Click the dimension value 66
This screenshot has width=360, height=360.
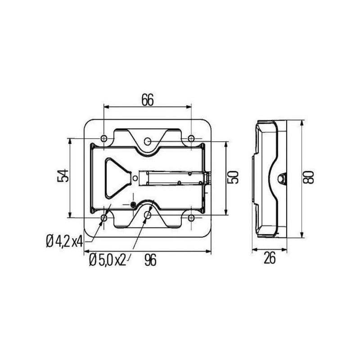148,99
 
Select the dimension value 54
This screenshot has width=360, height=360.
63,175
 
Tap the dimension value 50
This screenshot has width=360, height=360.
233,177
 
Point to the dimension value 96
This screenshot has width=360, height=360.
150,260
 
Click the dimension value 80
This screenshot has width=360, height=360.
308,177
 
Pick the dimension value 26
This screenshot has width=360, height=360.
269,258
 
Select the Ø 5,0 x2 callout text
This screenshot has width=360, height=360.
108,260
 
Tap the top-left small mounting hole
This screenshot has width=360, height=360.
104,139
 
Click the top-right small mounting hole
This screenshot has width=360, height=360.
191,139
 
